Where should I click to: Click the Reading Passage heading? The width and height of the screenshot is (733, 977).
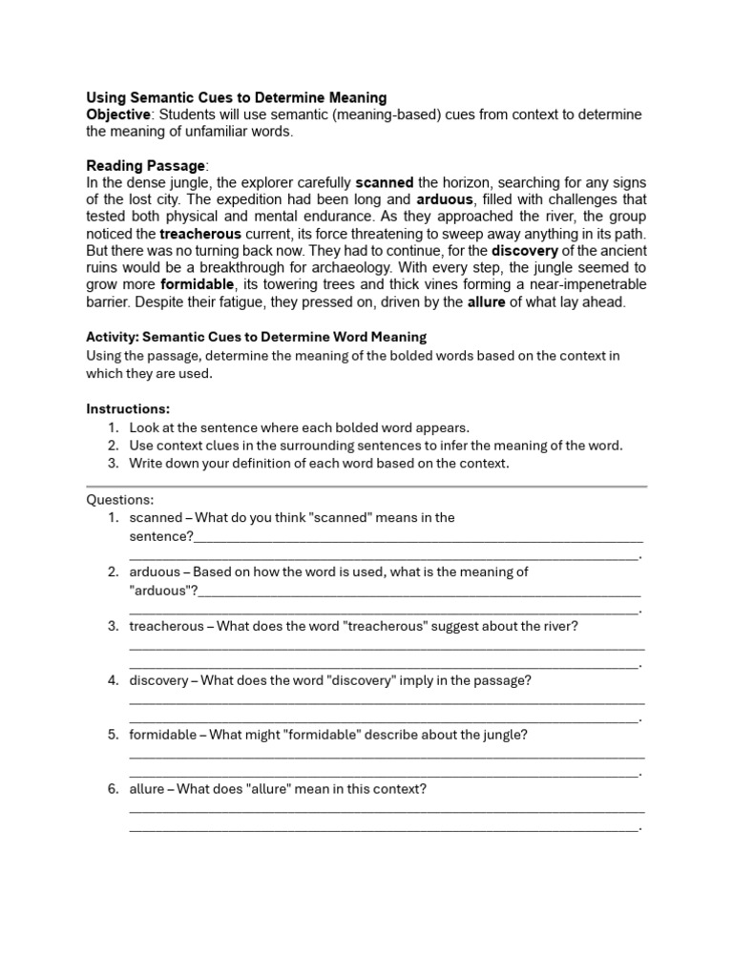click(x=145, y=165)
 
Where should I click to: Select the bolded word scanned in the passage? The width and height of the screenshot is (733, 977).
click(x=385, y=182)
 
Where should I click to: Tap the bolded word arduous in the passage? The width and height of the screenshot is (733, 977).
click(x=445, y=199)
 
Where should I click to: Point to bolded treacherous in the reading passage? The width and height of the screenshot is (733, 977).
click(x=200, y=234)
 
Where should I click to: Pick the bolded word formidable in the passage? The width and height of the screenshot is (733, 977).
click(x=198, y=285)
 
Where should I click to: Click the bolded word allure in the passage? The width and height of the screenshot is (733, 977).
click(x=486, y=302)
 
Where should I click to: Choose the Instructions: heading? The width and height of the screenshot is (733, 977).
click(x=128, y=408)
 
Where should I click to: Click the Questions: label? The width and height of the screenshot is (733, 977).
click(x=119, y=499)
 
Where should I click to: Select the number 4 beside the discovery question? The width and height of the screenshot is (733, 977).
click(x=113, y=680)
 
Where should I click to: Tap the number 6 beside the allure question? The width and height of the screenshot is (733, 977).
click(x=113, y=789)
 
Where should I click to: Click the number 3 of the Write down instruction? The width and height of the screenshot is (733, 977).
click(x=113, y=464)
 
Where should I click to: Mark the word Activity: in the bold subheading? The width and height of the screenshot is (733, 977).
click(x=113, y=337)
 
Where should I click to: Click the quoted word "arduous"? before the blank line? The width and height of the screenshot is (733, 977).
click(x=163, y=591)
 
